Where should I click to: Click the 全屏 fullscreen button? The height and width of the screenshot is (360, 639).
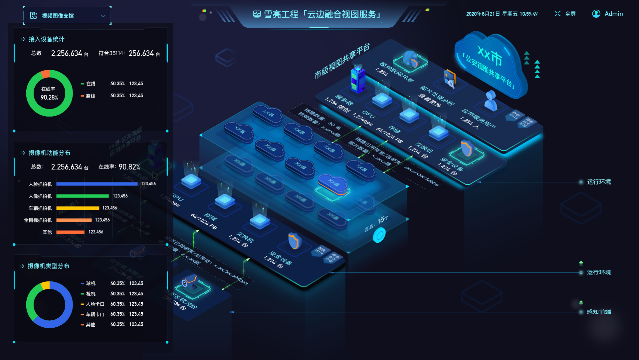tap(565, 14)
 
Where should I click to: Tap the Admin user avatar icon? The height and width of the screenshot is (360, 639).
tap(596, 14)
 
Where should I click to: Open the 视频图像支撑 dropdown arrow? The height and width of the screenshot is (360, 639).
tap(103, 16)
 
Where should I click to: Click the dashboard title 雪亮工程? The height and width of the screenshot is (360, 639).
tap(281, 14)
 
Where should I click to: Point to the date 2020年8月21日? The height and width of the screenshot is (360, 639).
tap(483, 14)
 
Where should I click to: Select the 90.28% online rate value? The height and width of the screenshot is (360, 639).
tap(49, 97)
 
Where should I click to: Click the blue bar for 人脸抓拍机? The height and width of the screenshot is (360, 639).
tap(97, 184)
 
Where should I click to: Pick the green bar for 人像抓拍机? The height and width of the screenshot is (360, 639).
tap(83, 196)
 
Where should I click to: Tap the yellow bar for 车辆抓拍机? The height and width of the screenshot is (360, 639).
tap(78, 208)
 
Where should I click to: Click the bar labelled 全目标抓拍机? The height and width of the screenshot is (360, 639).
tap(74, 220)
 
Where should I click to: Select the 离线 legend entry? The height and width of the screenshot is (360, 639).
tap(90, 96)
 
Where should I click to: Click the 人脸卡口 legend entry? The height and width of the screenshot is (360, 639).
tap(95, 304)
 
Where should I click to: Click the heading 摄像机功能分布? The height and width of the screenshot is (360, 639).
tap(49, 153)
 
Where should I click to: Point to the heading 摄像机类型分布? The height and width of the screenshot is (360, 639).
tap(48, 266)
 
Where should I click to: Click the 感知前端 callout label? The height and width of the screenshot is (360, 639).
tap(599, 312)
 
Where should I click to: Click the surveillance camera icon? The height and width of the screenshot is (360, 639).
tap(190, 281)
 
